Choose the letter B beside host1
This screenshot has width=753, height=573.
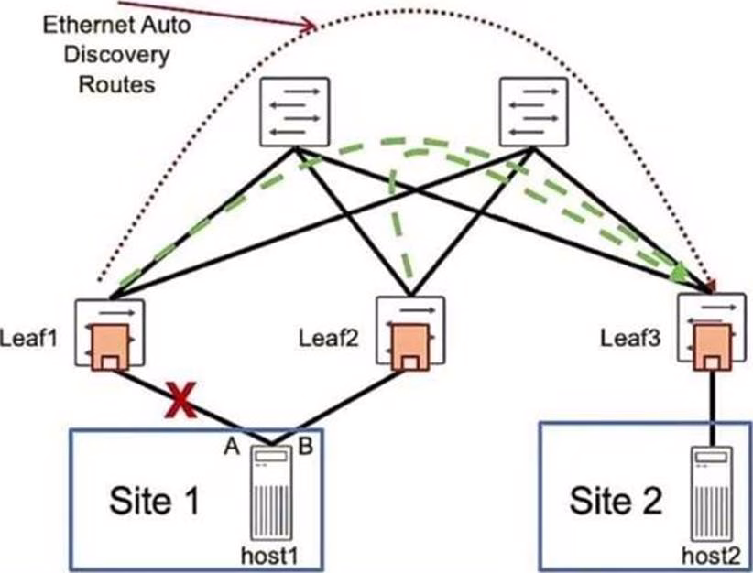click(x=306, y=446)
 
